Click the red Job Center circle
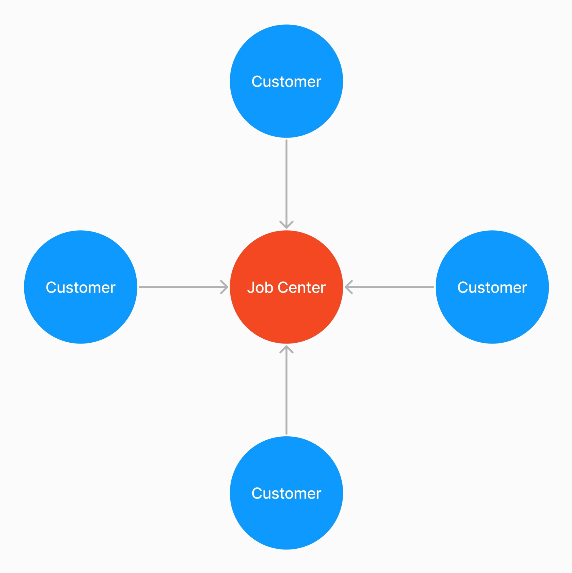[x=286, y=314]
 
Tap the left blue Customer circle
[x=80, y=314]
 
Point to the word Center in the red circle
[x=302, y=287]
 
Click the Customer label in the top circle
[x=286, y=82]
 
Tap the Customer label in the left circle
[x=80, y=287]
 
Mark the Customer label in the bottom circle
[x=286, y=493]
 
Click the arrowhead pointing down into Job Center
[x=286, y=226]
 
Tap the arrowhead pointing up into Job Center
[x=286, y=349]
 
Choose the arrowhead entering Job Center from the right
[x=347, y=287]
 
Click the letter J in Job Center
[x=251, y=287]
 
